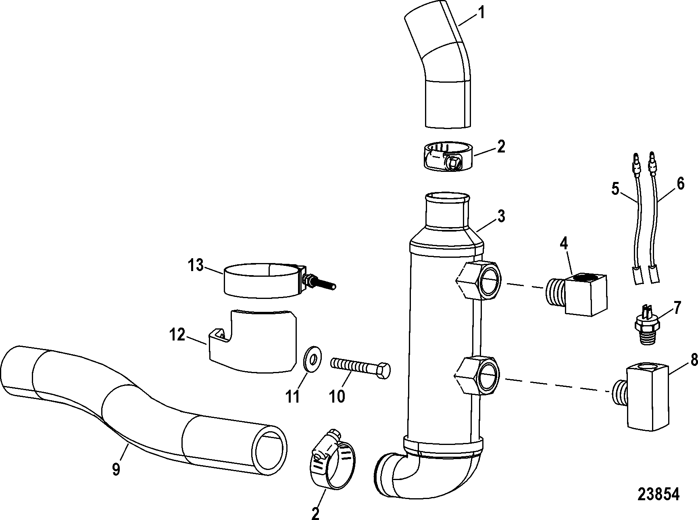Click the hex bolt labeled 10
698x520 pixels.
pyautogui.click(x=360, y=368)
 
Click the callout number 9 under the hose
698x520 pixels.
pyautogui.click(x=116, y=470)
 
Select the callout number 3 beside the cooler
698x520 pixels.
pyautogui.click(x=500, y=217)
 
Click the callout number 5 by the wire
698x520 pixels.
pyautogui.click(x=615, y=189)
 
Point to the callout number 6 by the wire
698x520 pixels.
pyautogui.click(x=680, y=184)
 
